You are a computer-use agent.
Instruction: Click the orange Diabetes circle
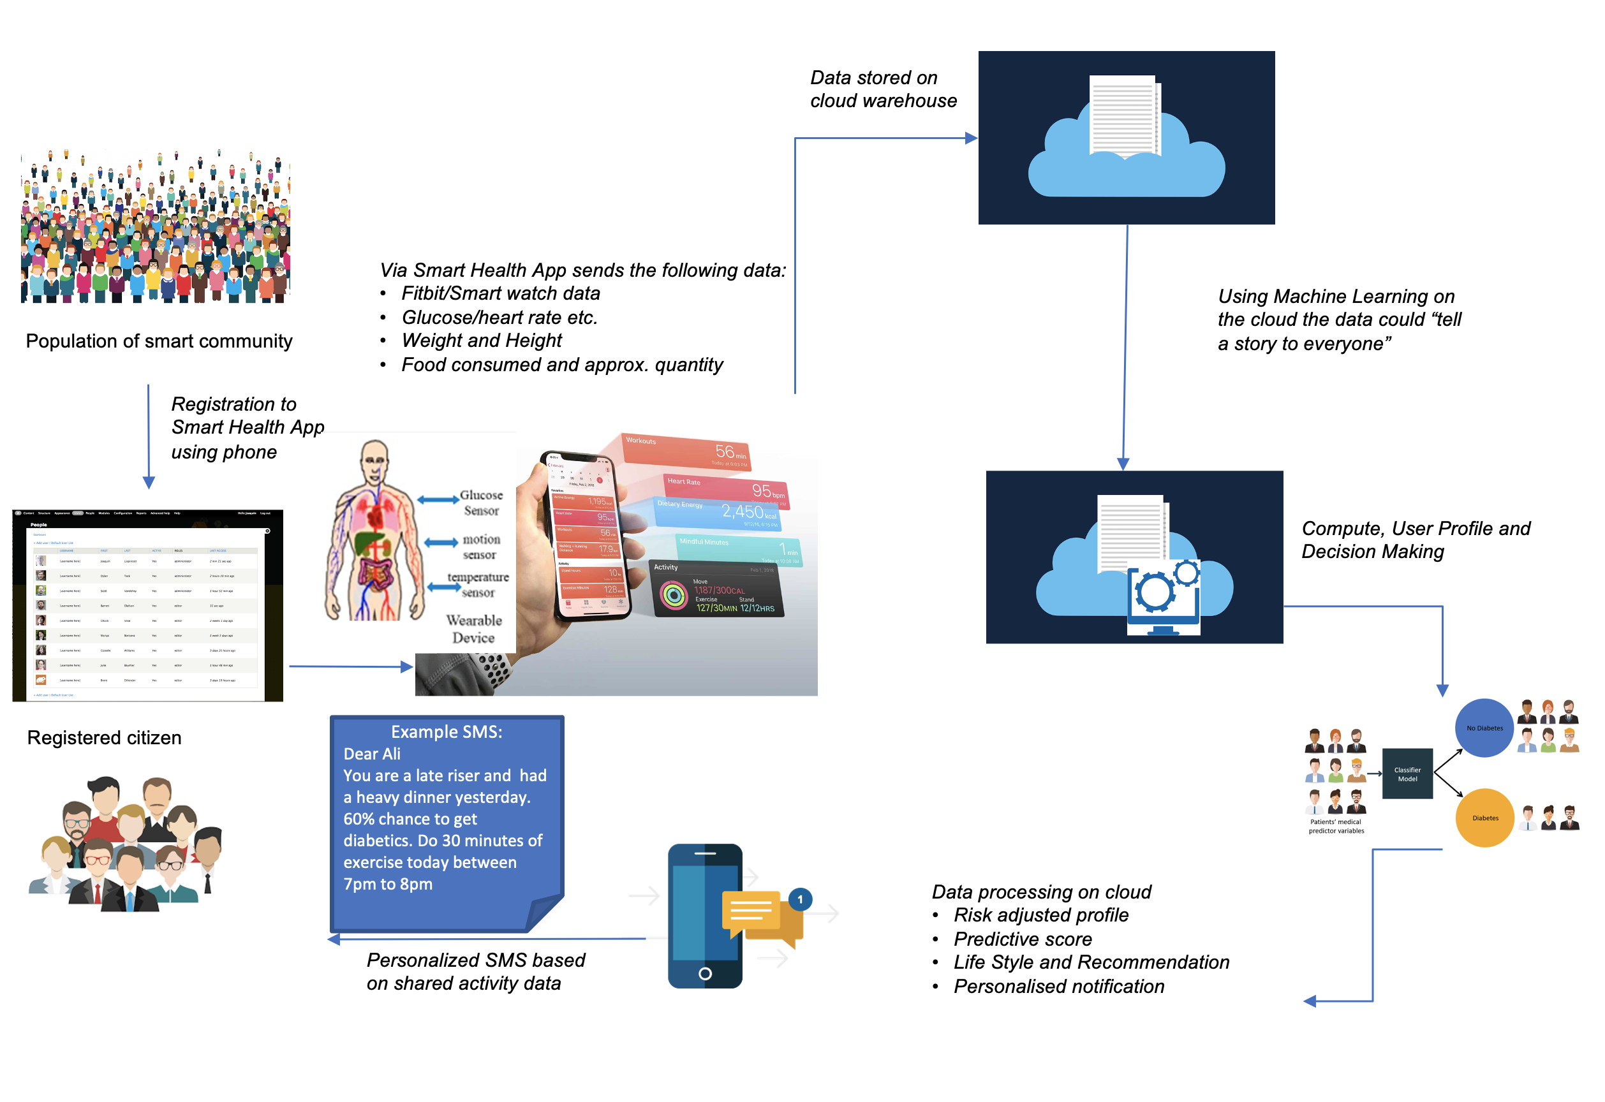(1484, 818)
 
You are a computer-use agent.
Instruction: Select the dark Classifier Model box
(1407, 774)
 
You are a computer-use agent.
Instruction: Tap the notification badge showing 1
(800, 899)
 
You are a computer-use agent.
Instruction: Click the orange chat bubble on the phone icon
(751, 911)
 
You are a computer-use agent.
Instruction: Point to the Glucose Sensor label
(481, 503)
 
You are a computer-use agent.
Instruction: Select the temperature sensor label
(478, 584)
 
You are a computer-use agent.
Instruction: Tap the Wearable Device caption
(474, 629)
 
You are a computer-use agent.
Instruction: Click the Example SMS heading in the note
(446, 732)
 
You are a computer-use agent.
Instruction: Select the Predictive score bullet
(1022, 939)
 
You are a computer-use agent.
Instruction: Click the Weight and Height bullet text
(482, 341)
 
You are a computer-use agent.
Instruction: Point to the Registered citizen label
(104, 737)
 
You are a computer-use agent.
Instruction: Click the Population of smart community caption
(159, 341)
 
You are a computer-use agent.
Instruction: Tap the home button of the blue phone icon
(704, 974)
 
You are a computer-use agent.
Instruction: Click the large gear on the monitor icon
(1154, 592)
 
